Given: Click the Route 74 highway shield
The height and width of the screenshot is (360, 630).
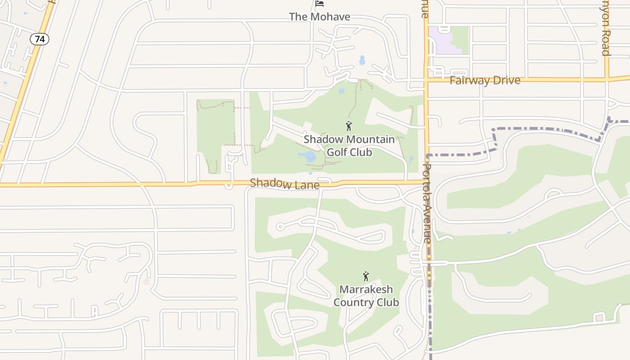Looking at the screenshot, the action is point(40,39).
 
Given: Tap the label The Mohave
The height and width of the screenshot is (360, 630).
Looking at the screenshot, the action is point(319,17).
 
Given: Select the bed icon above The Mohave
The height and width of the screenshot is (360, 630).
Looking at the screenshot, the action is point(319,4).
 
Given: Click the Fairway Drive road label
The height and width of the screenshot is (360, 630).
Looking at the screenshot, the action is point(485,81).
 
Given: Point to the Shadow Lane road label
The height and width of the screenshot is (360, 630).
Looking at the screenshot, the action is point(284,184).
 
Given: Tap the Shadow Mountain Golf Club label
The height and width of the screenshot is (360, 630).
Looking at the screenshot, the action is point(349,145).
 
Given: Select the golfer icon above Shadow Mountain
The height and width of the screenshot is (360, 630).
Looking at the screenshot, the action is point(349,126).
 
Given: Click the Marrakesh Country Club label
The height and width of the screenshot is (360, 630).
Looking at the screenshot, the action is point(366,296).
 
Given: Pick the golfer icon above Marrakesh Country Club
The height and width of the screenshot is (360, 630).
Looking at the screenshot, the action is point(366,276).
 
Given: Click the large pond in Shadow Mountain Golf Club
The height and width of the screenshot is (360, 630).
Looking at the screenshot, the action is point(307,157).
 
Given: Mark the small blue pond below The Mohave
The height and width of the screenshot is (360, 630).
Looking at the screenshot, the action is point(362,60).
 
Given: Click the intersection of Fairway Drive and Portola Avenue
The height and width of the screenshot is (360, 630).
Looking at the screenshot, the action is point(426,81).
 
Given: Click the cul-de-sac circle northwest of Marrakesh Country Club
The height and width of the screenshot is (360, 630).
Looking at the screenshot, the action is point(280,226).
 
